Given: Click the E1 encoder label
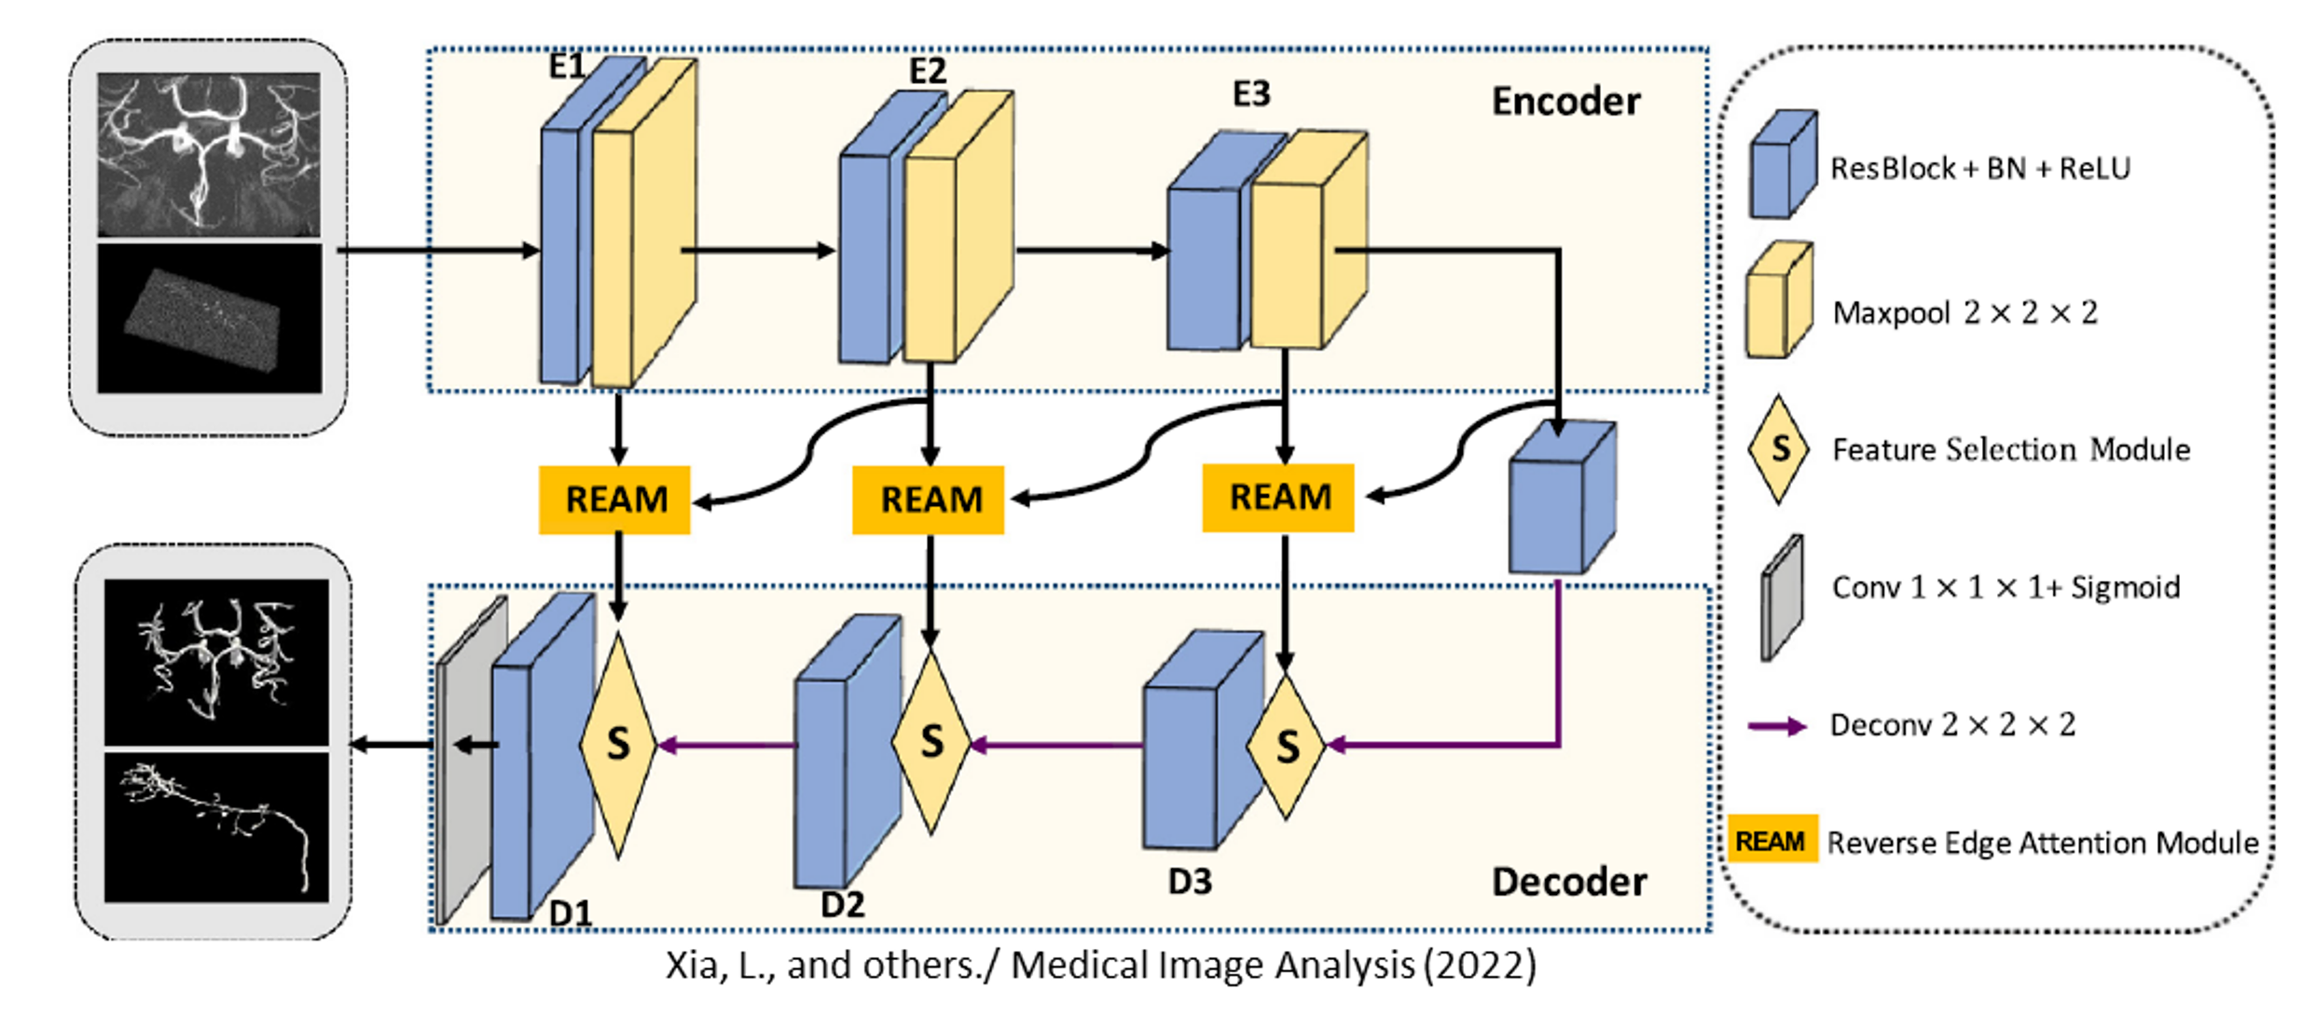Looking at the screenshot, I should click(x=566, y=66).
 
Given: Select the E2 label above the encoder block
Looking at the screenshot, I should click(x=927, y=71).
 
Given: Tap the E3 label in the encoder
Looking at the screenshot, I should click(x=1250, y=93).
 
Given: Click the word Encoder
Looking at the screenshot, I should click(x=1565, y=102).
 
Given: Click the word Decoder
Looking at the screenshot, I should click(x=1568, y=882).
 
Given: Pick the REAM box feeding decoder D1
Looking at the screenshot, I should click(x=614, y=500).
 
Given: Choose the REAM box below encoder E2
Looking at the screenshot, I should click(x=929, y=500).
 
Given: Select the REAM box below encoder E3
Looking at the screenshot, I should click(x=1278, y=498).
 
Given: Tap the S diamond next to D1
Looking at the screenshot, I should click(x=617, y=745).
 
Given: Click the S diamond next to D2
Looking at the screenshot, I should click(x=931, y=742).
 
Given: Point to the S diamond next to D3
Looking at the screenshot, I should click(x=1286, y=747).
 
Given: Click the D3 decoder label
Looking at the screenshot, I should click(x=1190, y=882).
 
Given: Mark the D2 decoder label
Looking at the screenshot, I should click(x=842, y=904).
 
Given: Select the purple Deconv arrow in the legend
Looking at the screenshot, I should click(x=1776, y=726).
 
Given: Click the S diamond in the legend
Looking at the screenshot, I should click(x=1779, y=449).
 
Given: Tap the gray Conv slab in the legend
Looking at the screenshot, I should click(x=1782, y=598).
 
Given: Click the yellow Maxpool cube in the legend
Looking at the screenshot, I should click(x=1779, y=302).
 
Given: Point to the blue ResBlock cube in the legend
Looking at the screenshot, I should click(x=1782, y=166).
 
